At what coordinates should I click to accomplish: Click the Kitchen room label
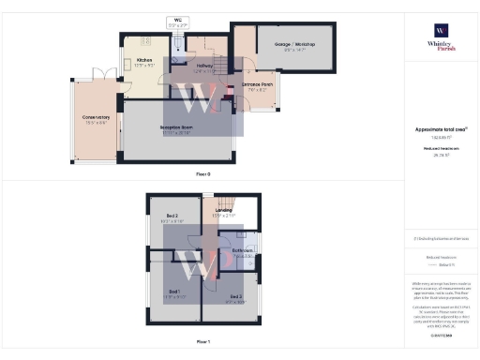145,65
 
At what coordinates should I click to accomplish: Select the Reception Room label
175,132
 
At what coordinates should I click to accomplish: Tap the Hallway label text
203,66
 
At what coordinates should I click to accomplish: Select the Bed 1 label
173,292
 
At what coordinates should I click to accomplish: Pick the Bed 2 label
172,217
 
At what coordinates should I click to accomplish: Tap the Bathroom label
240,250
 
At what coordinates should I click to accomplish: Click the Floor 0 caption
202,174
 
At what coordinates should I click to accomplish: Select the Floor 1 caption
202,342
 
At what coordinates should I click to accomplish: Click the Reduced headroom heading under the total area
441,147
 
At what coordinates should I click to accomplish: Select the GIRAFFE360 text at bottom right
441,333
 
